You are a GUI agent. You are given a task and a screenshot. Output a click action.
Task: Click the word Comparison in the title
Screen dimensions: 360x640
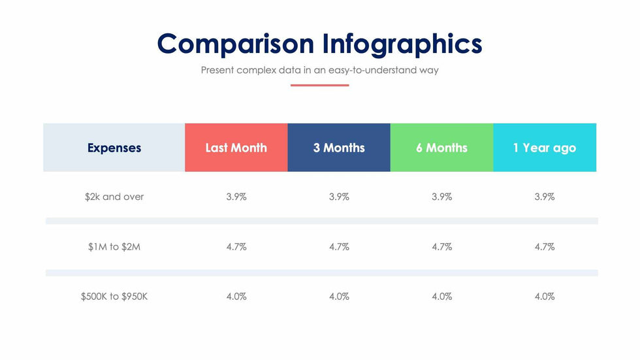pos(236,44)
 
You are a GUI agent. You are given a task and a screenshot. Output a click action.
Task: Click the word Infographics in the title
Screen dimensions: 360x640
pos(402,44)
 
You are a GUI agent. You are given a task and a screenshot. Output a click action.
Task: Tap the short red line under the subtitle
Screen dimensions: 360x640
pos(320,85)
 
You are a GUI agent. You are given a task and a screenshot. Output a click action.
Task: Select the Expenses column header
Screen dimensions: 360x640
pos(114,148)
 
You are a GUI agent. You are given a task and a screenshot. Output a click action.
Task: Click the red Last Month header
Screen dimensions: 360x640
pos(236,148)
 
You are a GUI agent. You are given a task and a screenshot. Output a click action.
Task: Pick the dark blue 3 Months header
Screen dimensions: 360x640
pos(339,148)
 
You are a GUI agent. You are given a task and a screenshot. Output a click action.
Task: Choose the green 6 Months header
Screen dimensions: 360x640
pos(441,148)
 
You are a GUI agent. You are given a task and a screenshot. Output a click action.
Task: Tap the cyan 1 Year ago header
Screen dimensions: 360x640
pos(545,148)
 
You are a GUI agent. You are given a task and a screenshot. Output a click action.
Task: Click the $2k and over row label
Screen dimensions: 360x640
pos(114,197)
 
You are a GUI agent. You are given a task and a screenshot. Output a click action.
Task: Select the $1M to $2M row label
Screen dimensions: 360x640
pos(114,247)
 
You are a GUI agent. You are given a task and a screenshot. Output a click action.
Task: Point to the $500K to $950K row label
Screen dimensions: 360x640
pos(114,297)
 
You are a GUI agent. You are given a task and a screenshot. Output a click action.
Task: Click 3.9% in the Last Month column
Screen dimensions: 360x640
pos(236,197)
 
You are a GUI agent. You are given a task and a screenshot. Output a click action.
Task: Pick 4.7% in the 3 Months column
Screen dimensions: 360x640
pos(339,247)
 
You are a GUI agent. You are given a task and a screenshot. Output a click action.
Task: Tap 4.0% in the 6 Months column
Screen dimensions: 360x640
pos(441,297)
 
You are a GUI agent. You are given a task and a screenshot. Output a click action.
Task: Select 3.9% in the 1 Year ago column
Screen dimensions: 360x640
pos(545,197)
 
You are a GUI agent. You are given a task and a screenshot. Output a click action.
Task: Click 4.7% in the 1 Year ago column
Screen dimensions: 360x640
pos(545,247)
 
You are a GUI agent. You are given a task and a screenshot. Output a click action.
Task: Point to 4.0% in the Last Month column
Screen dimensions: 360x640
pos(236,297)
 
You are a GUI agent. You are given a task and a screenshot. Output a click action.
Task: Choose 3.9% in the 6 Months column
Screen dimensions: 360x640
pos(441,197)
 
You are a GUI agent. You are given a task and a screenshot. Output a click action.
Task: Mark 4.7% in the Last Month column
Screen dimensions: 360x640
pos(236,247)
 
